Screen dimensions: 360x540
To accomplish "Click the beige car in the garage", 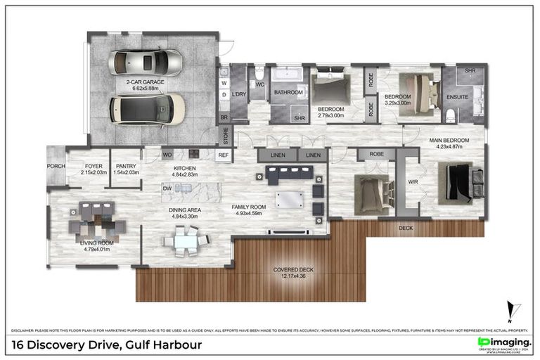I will tap(147, 109).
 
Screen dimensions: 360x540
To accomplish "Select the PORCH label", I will tap(56, 166).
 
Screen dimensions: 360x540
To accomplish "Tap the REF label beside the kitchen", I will tap(223, 155).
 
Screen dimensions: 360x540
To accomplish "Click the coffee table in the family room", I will tap(290, 198).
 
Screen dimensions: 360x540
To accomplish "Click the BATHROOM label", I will tap(288, 92).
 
